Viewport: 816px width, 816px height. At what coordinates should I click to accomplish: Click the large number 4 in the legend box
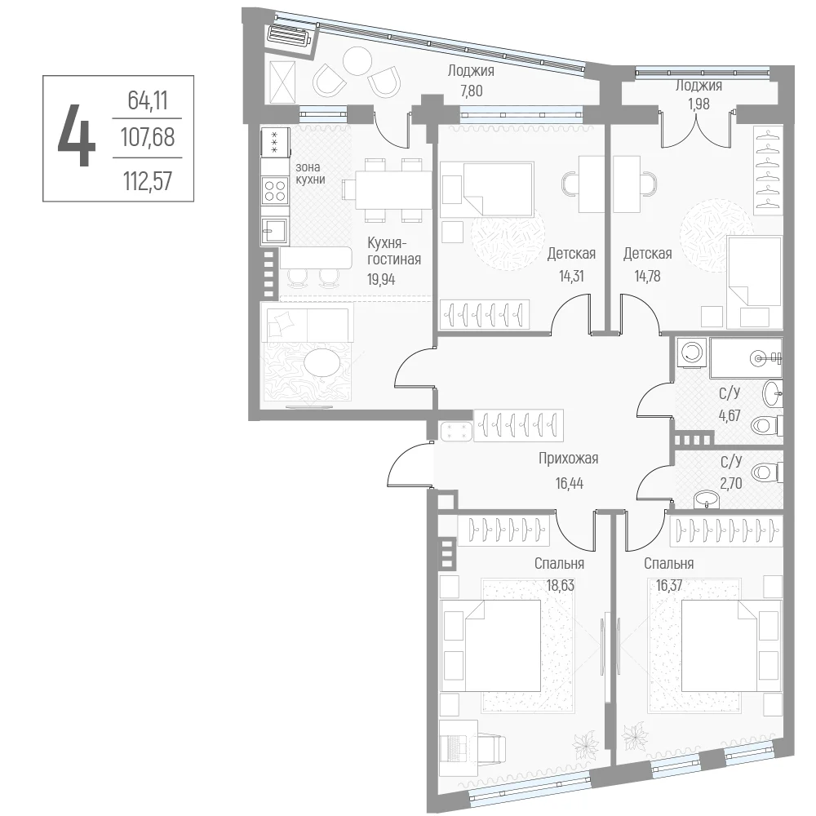point(77,135)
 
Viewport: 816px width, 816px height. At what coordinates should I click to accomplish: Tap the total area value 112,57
point(148,181)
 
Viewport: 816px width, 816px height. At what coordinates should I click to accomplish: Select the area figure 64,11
point(148,100)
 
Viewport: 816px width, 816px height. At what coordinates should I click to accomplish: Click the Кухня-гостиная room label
point(394,251)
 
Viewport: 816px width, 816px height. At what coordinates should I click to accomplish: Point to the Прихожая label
point(568,459)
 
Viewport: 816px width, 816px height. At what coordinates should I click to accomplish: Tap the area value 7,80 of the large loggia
point(471,91)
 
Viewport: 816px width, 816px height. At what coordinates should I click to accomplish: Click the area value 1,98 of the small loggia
point(698,104)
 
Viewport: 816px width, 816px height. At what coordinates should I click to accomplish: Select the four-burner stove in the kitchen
point(275,190)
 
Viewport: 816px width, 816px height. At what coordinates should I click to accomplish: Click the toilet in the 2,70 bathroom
point(767,472)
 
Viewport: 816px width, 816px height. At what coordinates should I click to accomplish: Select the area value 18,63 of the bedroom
point(560,585)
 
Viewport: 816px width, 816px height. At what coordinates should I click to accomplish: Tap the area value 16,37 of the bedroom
point(669,585)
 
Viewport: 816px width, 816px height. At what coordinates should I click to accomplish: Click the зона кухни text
point(311,173)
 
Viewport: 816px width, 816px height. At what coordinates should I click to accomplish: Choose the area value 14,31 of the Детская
point(571,277)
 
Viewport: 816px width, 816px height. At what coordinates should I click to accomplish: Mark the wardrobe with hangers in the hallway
point(518,425)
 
